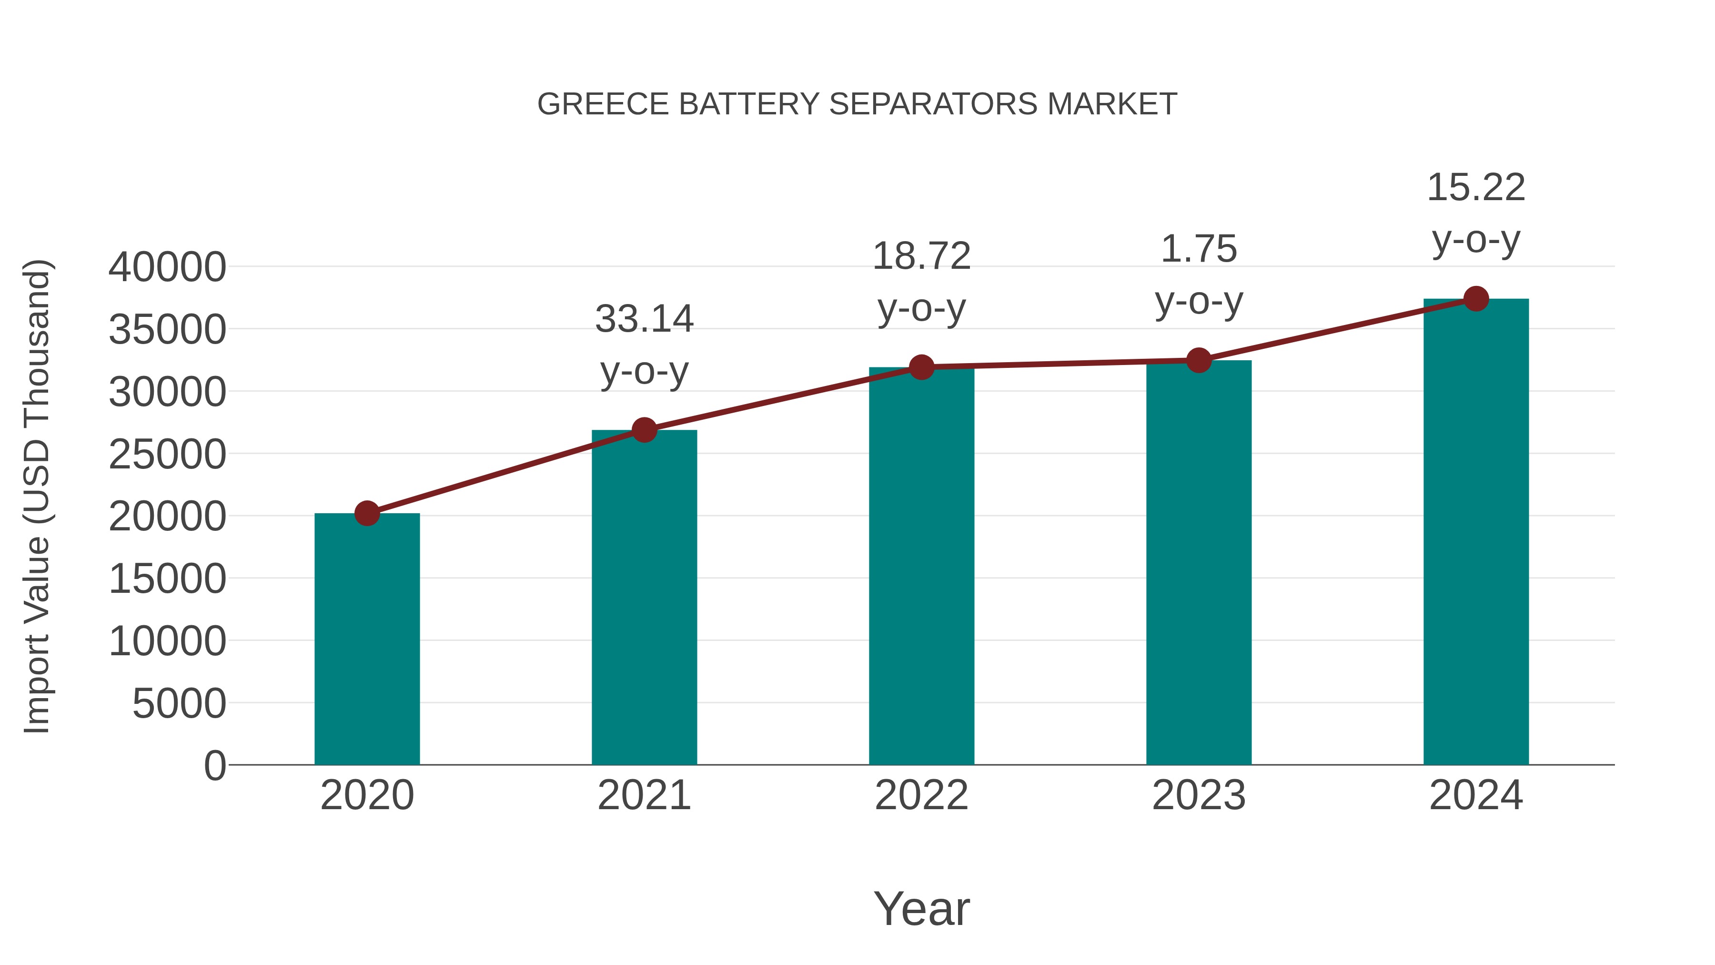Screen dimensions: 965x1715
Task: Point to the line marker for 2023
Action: pyautogui.click(x=1199, y=360)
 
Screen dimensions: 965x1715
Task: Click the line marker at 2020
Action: pyautogui.click(x=367, y=513)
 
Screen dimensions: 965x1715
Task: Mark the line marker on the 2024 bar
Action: pyautogui.click(x=1476, y=299)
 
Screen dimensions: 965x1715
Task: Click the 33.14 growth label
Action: pyautogui.click(x=644, y=319)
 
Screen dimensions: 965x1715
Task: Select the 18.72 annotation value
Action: pyautogui.click(x=921, y=256)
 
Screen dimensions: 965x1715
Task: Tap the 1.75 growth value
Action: pyautogui.click(x=1199, y=250)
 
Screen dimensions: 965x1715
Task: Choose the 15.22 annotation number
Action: pyautogui.click(x=1476, y=188)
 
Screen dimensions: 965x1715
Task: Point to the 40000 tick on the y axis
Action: pyautogui.click(x=167, y=268)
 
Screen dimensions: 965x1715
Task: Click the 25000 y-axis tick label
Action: pyautogui.click(x=167, y=455)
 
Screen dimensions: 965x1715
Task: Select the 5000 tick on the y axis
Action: pyautogui.click(x=179, y=704)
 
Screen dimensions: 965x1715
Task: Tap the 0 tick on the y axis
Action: pyautogui.click(x=214, y=766)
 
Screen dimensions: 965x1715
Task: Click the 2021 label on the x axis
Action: pyautogui.click(x=644, y=795)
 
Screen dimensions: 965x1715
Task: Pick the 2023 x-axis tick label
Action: pyautogui.click(x=1199, y=795)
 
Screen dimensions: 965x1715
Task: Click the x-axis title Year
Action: pyautogui.click(x=921, y=908)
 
